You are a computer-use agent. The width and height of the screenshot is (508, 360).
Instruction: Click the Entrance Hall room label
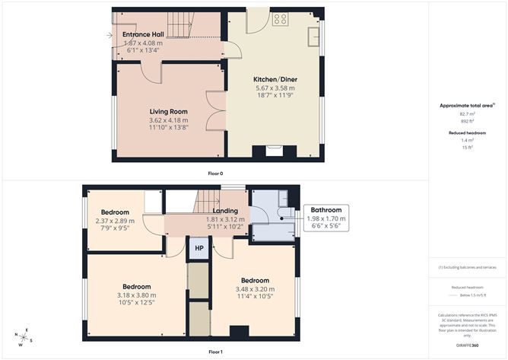(x=143, y=34)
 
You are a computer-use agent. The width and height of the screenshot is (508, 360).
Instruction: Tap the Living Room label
(x=168, y=111)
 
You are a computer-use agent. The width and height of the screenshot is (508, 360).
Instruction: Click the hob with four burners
(x=280, y=19)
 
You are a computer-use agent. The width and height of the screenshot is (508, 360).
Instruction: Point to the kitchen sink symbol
(x=313, y=37)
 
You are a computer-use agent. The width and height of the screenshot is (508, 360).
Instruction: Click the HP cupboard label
(x=198, y=248)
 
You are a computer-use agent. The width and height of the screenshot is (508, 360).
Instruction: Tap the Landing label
(x=225, y=211)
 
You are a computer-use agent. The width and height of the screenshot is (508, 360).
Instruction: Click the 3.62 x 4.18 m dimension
(x=168, y=120)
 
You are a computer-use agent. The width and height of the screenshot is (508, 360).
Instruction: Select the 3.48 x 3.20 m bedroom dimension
(x=255, y=289)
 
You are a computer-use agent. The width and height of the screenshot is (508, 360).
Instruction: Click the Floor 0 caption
(x=216, y=174)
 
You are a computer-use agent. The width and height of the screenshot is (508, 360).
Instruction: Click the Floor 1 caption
(x=216, y=352)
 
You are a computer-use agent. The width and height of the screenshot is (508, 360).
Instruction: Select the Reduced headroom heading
(x=467, y=132)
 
